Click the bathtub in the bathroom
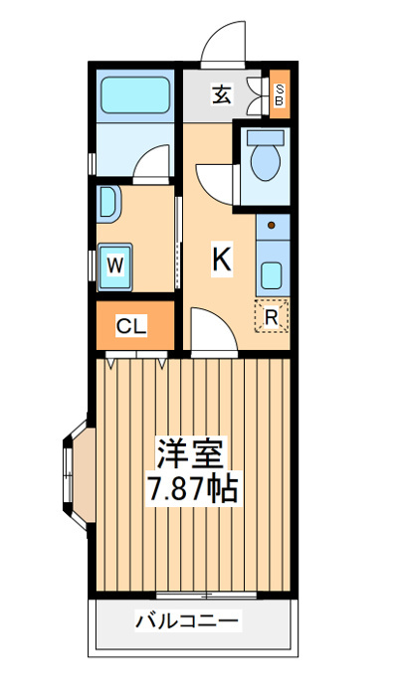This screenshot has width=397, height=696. point(135,95)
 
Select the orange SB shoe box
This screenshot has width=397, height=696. point(280,94)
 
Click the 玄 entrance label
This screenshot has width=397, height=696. point(221,94)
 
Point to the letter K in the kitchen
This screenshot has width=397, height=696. point(222,260)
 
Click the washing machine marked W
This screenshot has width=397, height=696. point(115,266)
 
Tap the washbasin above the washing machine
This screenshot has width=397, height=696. point(107,204)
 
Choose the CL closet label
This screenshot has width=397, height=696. point(131,327)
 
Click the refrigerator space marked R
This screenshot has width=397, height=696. point(272,316)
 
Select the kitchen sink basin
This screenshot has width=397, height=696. point(272,275)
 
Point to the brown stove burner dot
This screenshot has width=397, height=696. point(272,226)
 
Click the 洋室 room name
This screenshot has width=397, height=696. point(190,452)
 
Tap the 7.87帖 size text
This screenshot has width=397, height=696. point(193,488)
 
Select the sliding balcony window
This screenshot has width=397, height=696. point(207,596)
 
